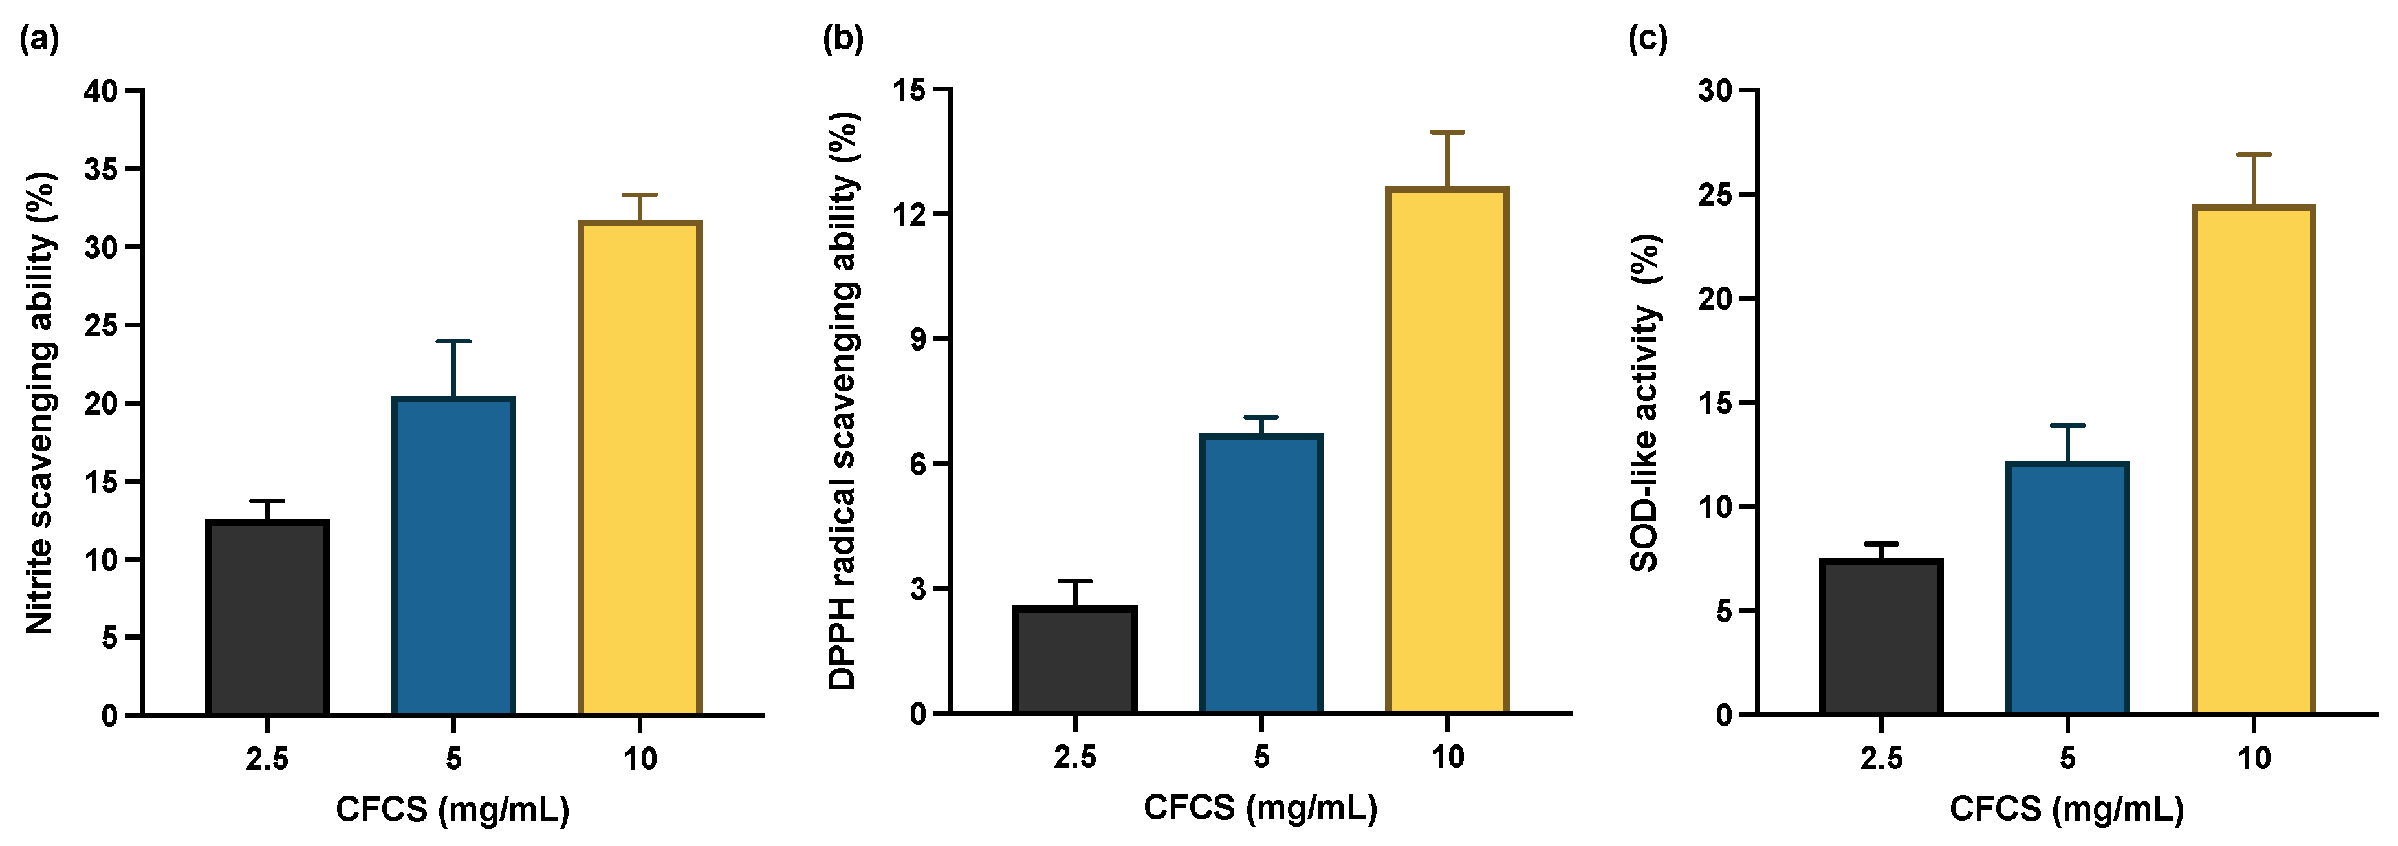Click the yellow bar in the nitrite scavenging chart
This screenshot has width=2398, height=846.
(x=640, y=468)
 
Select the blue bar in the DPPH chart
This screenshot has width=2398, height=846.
(x=1260, y=574)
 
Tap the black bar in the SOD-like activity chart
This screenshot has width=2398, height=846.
(x=1880, y=638)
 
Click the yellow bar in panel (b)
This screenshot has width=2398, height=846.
(x=1446, y=451)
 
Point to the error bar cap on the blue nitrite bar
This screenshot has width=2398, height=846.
(x=453, y=342)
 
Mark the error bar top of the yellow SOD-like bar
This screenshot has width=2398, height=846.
(x=2253, y=155)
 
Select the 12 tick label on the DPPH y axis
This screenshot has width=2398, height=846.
(x=909, y=215)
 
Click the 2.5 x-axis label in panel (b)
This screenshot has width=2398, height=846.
(x=1074, y=757)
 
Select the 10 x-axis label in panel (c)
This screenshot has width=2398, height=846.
(x=2253, y=759)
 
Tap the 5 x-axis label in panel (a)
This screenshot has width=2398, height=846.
(x=453, y=759)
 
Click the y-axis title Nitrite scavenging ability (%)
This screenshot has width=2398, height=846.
(x=40, y=403)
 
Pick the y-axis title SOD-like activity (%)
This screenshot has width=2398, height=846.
(x=1646, y=403)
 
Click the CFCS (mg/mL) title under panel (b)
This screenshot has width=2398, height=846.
(x=1260, y=808)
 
